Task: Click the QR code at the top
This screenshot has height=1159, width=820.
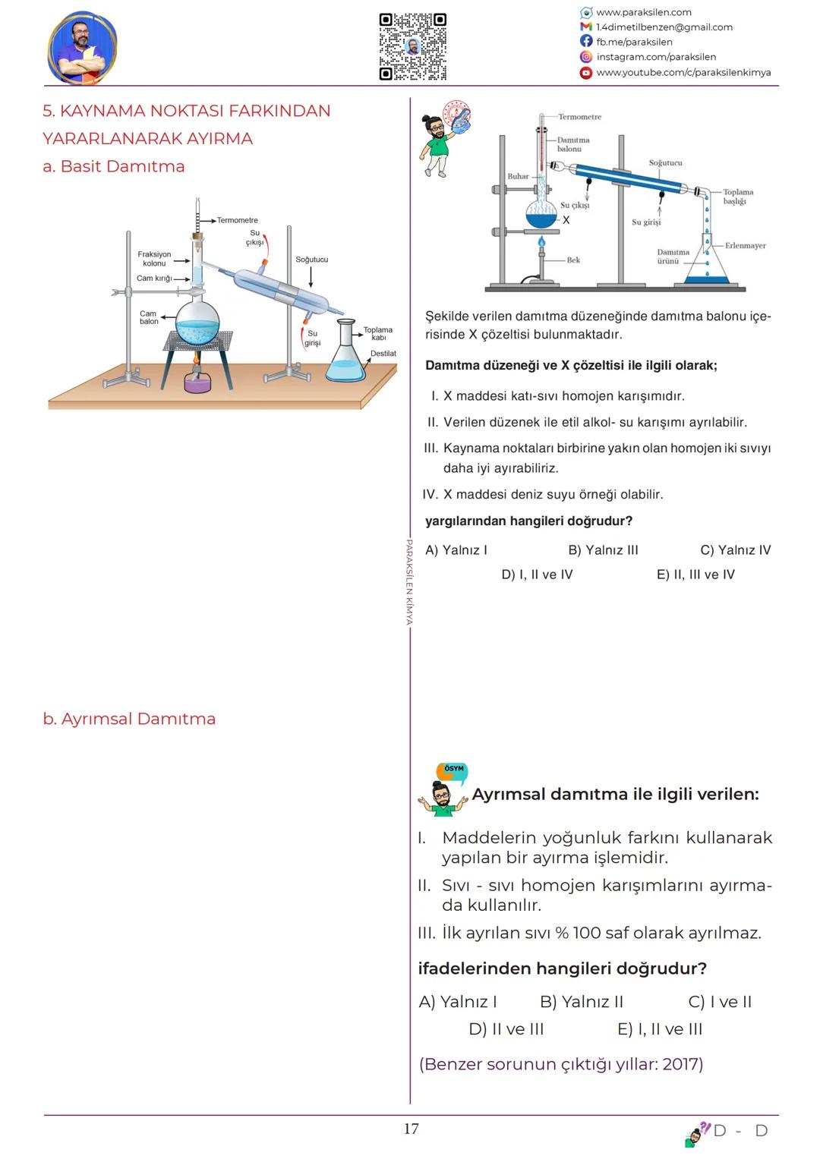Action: tap(412, 46)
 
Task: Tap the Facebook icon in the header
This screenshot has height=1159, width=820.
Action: tap(586, 42)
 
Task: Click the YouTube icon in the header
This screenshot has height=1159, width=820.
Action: tap(586, 73)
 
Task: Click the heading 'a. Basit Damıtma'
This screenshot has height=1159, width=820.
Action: tap(114, 166)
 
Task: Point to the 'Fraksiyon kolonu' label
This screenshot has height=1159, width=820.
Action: tap(154, 259)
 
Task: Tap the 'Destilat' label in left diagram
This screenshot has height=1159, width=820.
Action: tap(383, 354)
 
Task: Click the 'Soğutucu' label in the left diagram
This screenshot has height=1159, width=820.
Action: tap(311, 260)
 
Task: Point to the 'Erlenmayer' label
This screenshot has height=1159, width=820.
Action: tap(745, 246)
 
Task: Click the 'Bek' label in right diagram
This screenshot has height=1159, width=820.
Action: tap(573, 260)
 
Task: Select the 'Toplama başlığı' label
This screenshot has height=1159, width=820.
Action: tap(737, 197)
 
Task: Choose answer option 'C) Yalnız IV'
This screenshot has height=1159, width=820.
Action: tap(735, 550)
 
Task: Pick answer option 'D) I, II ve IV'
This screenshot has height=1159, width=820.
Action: tap(537, 575)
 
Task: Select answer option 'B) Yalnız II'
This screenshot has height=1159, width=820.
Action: tap(581, 1002)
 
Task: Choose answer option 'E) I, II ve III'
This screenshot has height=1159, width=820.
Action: tap(660, 1029)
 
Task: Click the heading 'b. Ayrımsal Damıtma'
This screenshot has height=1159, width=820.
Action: tap(129, 719)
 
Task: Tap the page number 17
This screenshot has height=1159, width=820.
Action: tap(411, 1129)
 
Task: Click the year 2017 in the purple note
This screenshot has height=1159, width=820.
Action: tap(680, 1064)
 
